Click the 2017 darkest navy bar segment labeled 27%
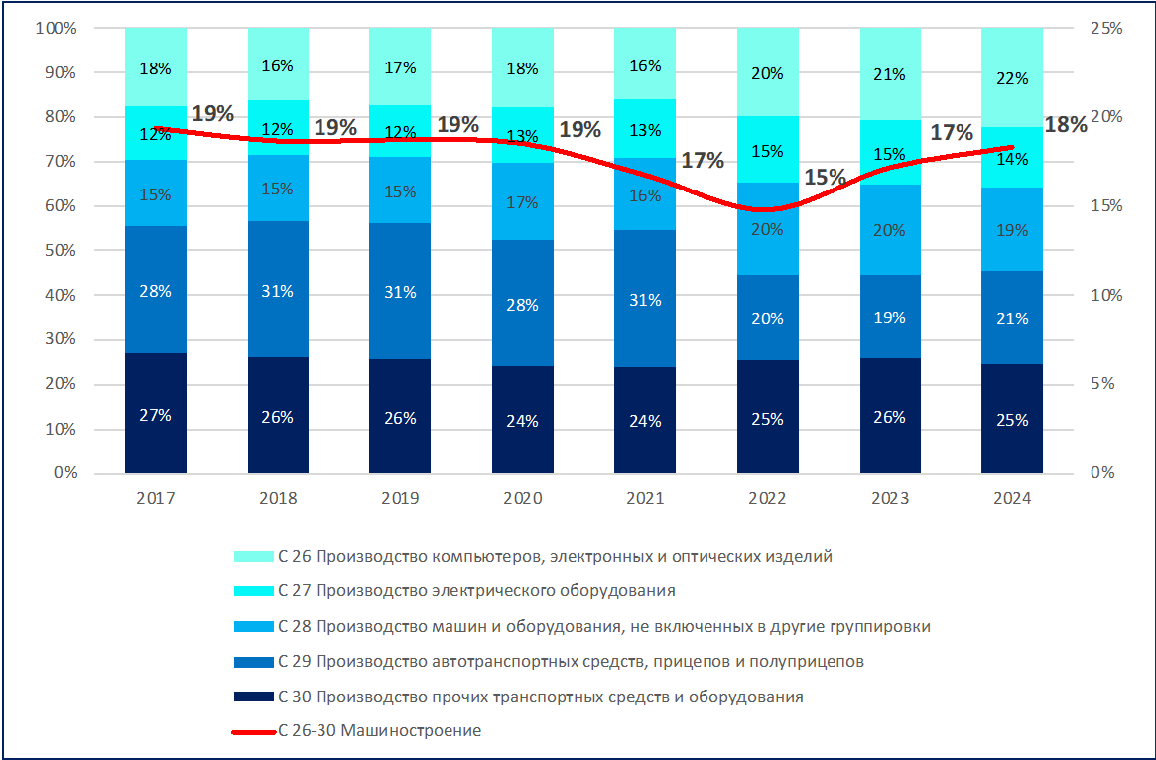coord(156,414)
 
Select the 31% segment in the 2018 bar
coord(278,290)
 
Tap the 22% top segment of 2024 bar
coord(1012,78)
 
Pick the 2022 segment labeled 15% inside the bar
coord(767,151)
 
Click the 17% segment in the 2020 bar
coord(522,202)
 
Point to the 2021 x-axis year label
coord(645,499)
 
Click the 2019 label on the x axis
coord(400,499)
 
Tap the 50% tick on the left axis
coord(57,251)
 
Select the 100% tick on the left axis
coord(55,29)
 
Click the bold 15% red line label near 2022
coord(825,177)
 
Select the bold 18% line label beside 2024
coord(1066,125)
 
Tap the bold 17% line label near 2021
coord(702,160)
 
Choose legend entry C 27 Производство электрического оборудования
coord(476,591)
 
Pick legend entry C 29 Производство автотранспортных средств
coord(568,661)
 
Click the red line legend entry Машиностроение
coord(379,731)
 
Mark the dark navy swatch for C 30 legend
coord(252,697)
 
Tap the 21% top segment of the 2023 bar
coord(890,73)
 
